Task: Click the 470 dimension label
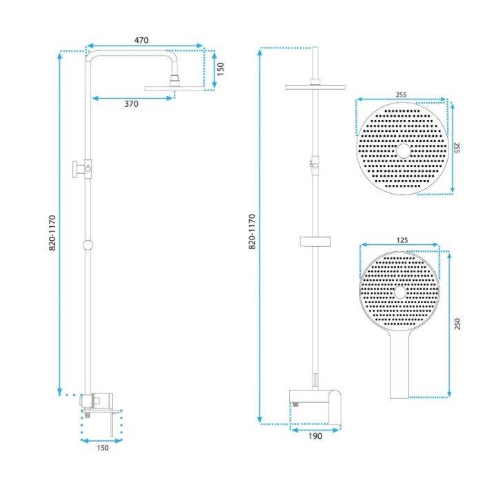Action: click(141, 40)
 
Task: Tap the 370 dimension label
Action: click(131, 103)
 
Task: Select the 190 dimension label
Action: click(315, 436)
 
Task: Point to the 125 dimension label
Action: click(402, 240)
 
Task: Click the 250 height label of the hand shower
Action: click(457, 324)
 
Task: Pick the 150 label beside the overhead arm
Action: click(221, 69)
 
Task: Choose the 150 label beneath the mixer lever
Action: click(103, 448)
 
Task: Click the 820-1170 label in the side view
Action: click(52, 233)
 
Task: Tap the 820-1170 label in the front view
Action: click(252, 232)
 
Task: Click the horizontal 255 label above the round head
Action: click(401, 95)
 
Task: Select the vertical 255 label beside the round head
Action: click(457, 148)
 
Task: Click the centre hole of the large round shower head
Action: click(403, 151)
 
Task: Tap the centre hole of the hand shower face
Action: click(400, 293)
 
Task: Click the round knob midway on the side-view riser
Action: click(88, 245)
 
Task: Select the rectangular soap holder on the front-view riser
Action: click(315, 241)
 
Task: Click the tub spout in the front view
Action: click(335, 407)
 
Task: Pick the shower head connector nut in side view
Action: click(175, 81)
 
